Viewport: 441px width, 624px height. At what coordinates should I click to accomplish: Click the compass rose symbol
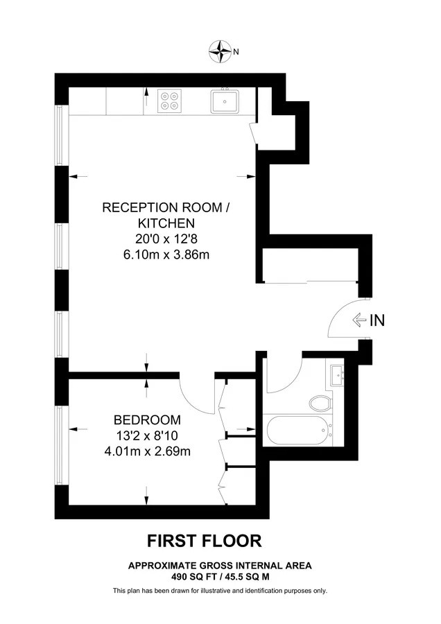[x=220, y=51]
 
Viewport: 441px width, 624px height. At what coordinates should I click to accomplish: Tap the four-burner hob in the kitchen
[x=170, y=101]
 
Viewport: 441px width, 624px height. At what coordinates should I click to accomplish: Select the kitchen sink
[x=225, y=101]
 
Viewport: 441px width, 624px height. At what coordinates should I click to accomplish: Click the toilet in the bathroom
[x=320, y=404]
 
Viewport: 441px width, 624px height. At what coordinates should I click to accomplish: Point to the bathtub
[x=300, y=430]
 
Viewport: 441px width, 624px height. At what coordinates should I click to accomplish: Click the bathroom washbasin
[x=338, y=376]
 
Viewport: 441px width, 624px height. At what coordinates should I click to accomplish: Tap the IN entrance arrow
[x=359, y=320]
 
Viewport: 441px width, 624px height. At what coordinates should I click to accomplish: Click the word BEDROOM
[x=147, y=420]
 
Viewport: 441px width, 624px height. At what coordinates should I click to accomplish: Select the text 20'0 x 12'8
[x=166, y=239]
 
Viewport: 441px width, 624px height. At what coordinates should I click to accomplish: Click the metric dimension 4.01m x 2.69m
[x=147, y=451]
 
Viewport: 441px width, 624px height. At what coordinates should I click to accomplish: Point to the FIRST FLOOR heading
[x=205, y=541]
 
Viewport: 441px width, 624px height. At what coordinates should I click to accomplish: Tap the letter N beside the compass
[x=236, y=52]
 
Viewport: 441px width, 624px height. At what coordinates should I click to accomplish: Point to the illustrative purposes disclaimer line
[x=220, y=591]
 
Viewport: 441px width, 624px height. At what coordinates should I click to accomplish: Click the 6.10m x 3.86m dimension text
[x=166, y=254]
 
